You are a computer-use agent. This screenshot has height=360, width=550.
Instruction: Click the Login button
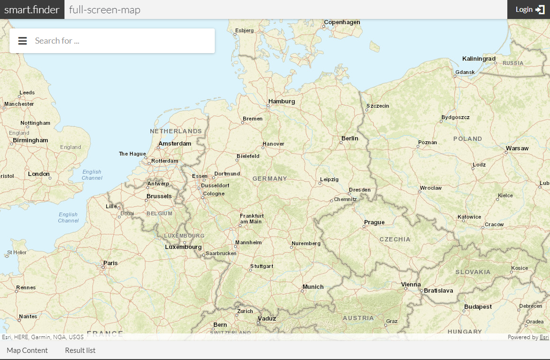529,9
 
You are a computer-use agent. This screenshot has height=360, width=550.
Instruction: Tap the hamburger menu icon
22,41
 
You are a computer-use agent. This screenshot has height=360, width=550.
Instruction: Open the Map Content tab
27,351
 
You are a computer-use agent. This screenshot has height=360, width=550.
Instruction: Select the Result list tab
80,351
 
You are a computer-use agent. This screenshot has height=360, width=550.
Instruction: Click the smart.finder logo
32,9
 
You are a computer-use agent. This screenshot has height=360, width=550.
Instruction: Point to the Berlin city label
349,138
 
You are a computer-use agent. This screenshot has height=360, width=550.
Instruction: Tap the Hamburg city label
281,102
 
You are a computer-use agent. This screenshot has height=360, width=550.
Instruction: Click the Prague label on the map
374,222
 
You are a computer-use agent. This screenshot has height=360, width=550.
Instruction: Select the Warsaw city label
517,148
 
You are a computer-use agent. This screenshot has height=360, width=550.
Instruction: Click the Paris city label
110,263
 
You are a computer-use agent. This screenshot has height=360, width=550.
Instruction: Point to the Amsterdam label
174,144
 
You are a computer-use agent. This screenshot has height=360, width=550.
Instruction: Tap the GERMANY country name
269,179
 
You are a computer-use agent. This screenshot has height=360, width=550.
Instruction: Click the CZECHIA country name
394,240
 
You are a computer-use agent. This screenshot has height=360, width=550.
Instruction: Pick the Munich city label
313,287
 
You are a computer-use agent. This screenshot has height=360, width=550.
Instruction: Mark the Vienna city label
411,285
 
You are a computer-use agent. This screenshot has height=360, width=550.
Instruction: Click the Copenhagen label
342,22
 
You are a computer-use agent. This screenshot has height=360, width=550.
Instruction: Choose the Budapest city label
478,307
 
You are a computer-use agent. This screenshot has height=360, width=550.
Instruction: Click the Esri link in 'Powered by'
544,338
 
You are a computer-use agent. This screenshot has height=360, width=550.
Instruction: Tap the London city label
39,174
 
